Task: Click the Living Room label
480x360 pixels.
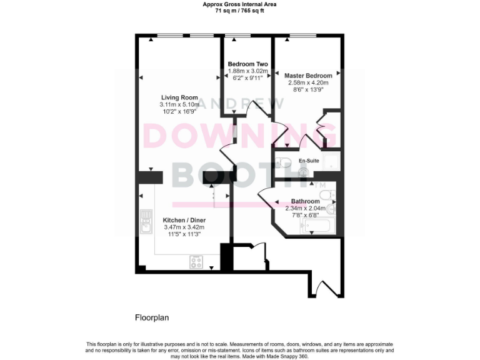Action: pyautogui.click(x=179, y=97)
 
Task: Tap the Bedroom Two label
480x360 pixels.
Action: pyautogui.click(x=247, y=64)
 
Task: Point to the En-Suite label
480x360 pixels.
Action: pyautogui.click(x=309, y=161)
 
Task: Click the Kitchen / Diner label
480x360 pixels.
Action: pyautogui.click(x=184, y=221)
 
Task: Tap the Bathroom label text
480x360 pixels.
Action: pyautogui.click(x=305, y=201)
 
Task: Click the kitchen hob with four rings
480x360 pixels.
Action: pyautogui.click(x=197, y=262)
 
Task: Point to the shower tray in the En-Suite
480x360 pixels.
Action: pyautogui.click(x=329, y=161)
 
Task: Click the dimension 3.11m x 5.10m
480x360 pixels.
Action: pyautogui.click(x=179, y=105)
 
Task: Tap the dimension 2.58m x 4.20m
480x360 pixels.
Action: pyautogui.click(x=308, y=83)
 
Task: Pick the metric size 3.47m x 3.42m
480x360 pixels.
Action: pyautogui.click(x=184, y=227)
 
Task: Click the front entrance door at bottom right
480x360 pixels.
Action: pyautogui.click(x=324, y=287)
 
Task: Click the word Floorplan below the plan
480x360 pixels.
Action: pyautogui.click(x=152, y=317)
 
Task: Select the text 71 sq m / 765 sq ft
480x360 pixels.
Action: pyautogui.click(x=239, y=11)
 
